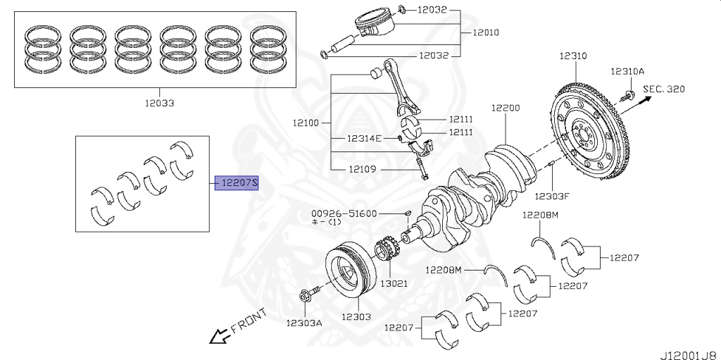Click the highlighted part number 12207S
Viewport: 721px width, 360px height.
(237, 184)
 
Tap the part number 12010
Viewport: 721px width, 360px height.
(486, 32)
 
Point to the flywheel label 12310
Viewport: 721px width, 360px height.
(574, 56)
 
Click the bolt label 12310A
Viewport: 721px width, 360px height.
(627, 71)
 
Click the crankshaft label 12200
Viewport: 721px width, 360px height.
(506, 108)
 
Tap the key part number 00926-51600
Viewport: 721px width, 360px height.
(344, 213)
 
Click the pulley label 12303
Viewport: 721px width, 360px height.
(356, 317)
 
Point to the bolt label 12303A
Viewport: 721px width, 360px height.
(303, 323)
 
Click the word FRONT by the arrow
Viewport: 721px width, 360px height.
(249, 320)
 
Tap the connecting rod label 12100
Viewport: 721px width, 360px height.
(306, 123)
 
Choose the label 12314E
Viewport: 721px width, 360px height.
(363, 138)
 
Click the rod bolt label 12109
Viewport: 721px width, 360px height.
(363, 169)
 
